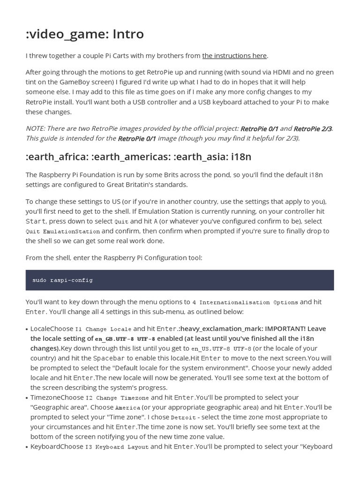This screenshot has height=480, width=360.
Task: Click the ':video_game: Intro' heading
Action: click(85, 34)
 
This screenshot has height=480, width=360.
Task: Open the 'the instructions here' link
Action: click(234, 56)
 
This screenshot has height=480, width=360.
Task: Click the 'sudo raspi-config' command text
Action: click(62, 280)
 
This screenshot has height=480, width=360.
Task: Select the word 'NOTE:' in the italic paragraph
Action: click(36, 128)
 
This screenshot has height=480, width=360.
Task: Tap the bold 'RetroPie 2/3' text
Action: click(313, 128)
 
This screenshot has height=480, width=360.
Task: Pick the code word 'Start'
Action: click(36, 221)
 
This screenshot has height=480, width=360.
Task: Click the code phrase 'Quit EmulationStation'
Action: click(63, 232)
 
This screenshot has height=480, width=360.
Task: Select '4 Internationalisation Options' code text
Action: click(245, 302)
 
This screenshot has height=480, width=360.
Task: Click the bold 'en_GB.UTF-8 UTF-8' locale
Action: click(125, 339)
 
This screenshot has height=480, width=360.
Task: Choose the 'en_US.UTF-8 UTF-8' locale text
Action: click(221, 349)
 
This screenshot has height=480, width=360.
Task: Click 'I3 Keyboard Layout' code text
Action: click(117, 447)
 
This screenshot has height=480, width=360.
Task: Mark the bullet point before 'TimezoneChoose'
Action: click(27, 398)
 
